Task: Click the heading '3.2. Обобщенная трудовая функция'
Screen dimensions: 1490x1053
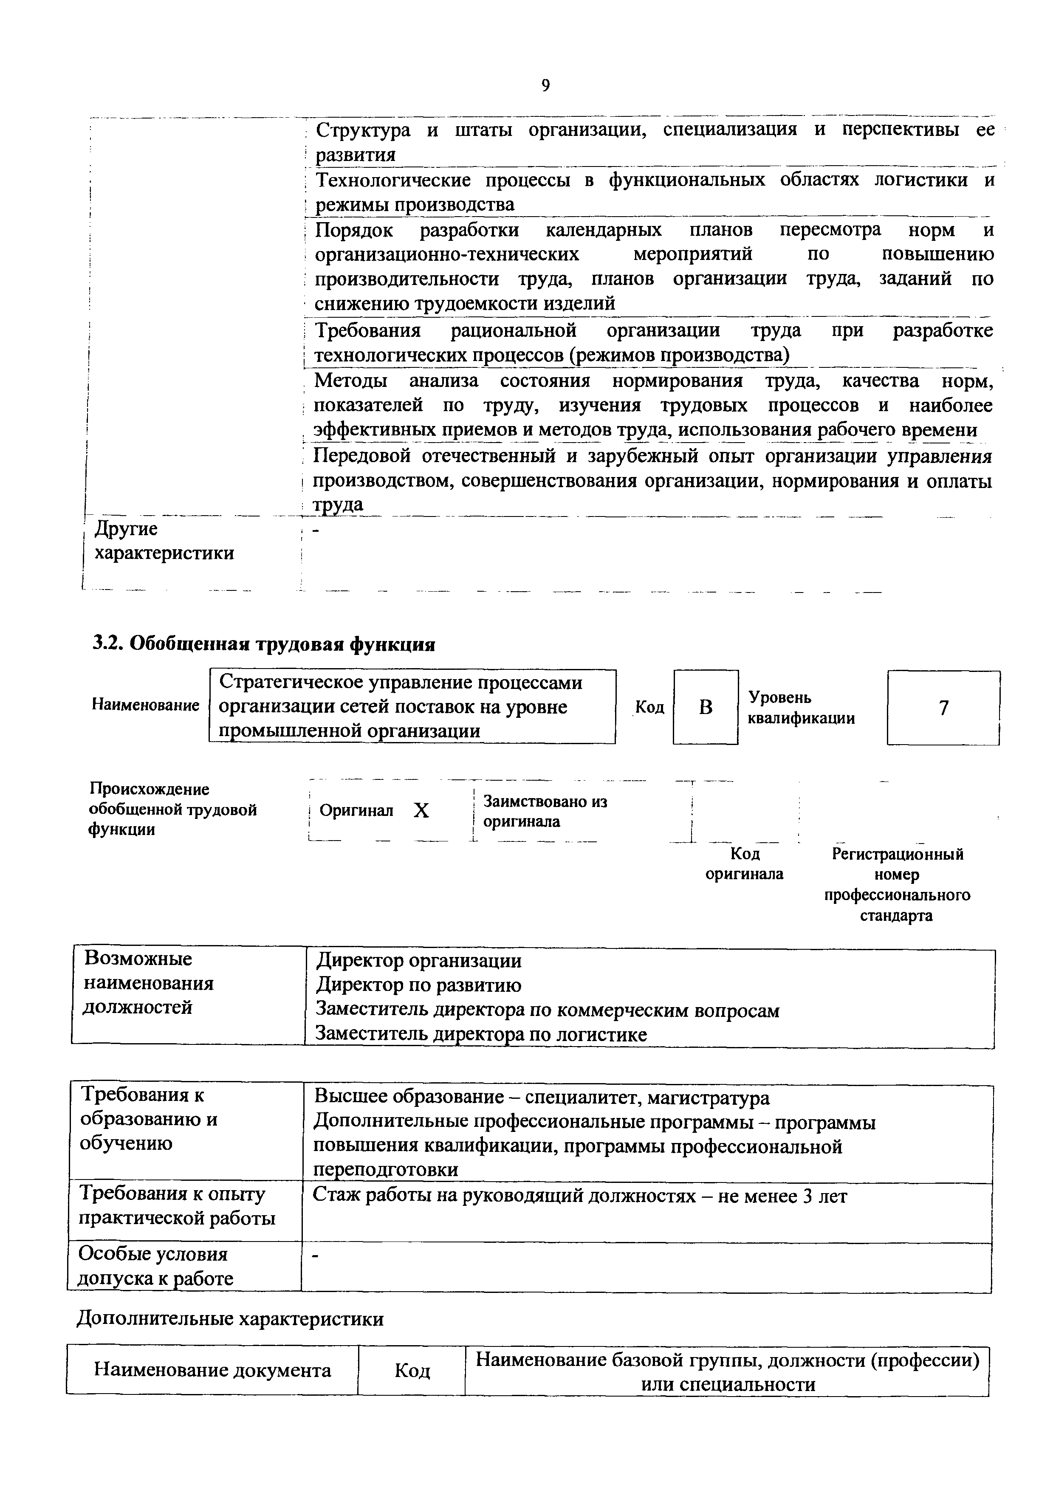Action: pos(263,644)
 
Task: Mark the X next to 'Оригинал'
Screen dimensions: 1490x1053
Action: pos(422,810)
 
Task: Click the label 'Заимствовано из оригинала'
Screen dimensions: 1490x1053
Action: pos(545,811)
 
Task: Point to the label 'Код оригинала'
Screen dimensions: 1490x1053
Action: pos(744,864)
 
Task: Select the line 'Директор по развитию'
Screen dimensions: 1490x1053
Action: pos(418,985)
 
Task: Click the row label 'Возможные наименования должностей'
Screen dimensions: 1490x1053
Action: pos(149,983)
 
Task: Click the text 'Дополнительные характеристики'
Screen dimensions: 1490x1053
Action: pos(230,1319)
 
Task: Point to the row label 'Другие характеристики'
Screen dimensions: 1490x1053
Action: pos(164,541)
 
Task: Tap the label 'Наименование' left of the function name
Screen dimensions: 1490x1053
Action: pos(145,705)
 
